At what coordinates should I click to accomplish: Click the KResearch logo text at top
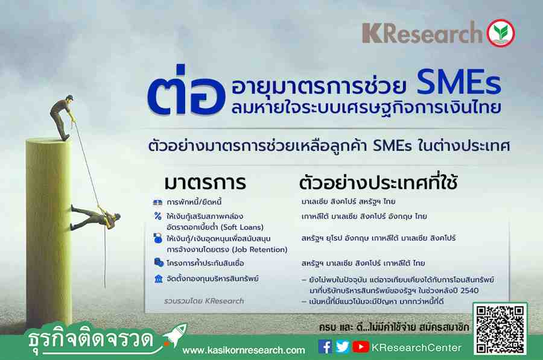click(422, 33)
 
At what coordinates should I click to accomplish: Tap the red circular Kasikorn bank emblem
click(501, 33)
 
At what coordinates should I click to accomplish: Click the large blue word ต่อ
click(186, 90)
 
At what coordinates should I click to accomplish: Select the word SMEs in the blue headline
click(459, 83)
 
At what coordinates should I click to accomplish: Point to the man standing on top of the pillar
click(62, 117)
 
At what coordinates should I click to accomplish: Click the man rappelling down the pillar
click(95, 216)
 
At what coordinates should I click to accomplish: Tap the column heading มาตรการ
click(205, 183)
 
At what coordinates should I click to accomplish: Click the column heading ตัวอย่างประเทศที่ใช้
click(378, 182)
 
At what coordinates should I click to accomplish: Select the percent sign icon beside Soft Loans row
click(158, 216)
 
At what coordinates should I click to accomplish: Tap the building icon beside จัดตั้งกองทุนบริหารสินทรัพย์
click(158, 279)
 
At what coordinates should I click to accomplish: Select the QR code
click(500, 329)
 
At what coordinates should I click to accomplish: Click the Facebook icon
click(325, 347)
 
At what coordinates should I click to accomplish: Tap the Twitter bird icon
click(342, 347)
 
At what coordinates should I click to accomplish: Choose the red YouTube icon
click(361, 347)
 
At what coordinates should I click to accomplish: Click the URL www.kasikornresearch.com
click(244, 350)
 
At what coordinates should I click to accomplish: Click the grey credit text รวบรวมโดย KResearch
click(204, 301)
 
